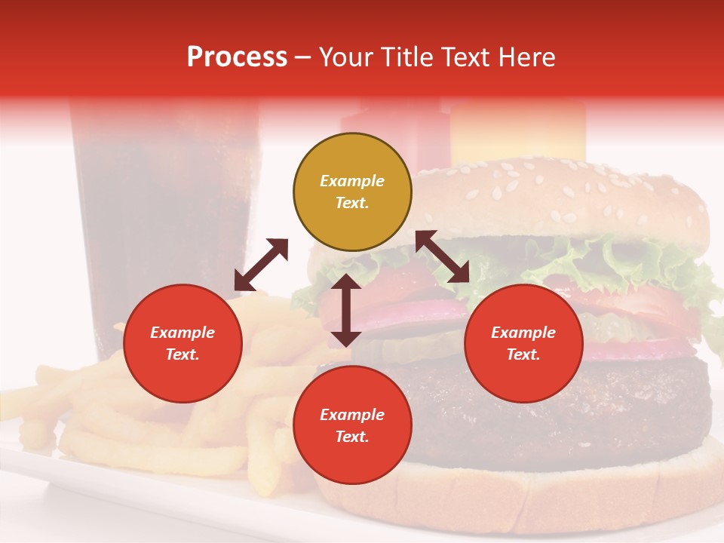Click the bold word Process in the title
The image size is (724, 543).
coord(237,57)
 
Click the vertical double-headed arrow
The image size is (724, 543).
coord(346,310)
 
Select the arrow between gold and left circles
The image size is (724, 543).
coord(261,265)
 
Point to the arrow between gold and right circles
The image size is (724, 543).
coord(443,256)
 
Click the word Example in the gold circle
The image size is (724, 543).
coord(352,181)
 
